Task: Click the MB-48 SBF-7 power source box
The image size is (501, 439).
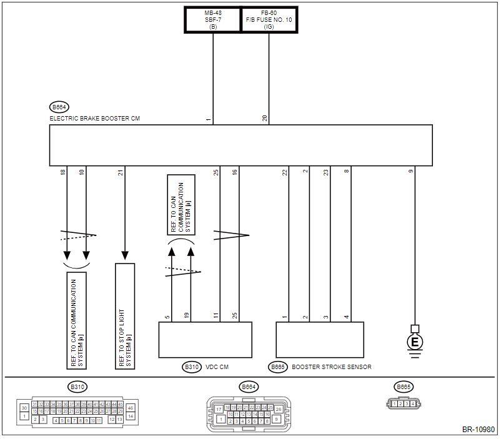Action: tap(213, 19)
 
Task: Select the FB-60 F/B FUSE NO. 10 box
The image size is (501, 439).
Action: tap(269, 19)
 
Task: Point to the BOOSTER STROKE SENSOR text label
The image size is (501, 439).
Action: tap(331, 367)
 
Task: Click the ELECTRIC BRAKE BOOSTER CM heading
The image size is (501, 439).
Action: tap(94, 118)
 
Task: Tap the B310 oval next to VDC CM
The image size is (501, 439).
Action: tap(192, 367)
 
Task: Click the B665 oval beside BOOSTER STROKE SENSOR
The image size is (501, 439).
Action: tap(278, 367)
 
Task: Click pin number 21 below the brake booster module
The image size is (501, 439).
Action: tap(119, 172)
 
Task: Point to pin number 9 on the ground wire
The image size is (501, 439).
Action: tap(412, 172)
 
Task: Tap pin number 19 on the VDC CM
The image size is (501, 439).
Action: tap(186, 317)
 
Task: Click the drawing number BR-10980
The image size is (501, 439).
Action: tap(477, 430)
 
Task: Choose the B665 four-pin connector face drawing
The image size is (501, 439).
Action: tap(403, 403)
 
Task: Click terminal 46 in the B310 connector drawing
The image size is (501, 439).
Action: tap(131, 407)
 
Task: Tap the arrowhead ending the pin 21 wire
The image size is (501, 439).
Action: tap(125, 255)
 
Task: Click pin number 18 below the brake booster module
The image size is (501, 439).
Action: tap(62, 172)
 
